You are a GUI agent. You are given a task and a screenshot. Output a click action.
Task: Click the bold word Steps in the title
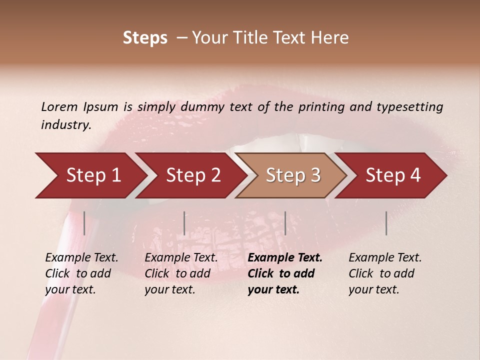[145, 38]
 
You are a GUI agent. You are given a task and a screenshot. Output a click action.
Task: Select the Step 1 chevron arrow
[90, 175]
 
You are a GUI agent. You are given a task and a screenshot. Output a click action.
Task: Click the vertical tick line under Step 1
[84, 223]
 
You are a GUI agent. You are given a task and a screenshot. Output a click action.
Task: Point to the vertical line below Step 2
[184, 223]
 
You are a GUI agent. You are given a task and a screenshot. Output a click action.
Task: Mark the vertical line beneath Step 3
[285, 223]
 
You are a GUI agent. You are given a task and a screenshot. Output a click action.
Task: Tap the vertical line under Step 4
[386, 223]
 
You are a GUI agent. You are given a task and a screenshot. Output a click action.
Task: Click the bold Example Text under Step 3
[285, 258]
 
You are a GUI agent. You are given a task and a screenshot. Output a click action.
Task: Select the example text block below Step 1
[81, 273]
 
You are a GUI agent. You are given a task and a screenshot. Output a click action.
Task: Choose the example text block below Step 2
[180, 273]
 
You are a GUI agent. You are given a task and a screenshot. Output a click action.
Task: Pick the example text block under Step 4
[384, 273]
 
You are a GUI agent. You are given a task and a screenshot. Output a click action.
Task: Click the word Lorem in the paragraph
[59, 106]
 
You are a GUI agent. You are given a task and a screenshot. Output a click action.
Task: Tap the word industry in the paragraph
[65, 125]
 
